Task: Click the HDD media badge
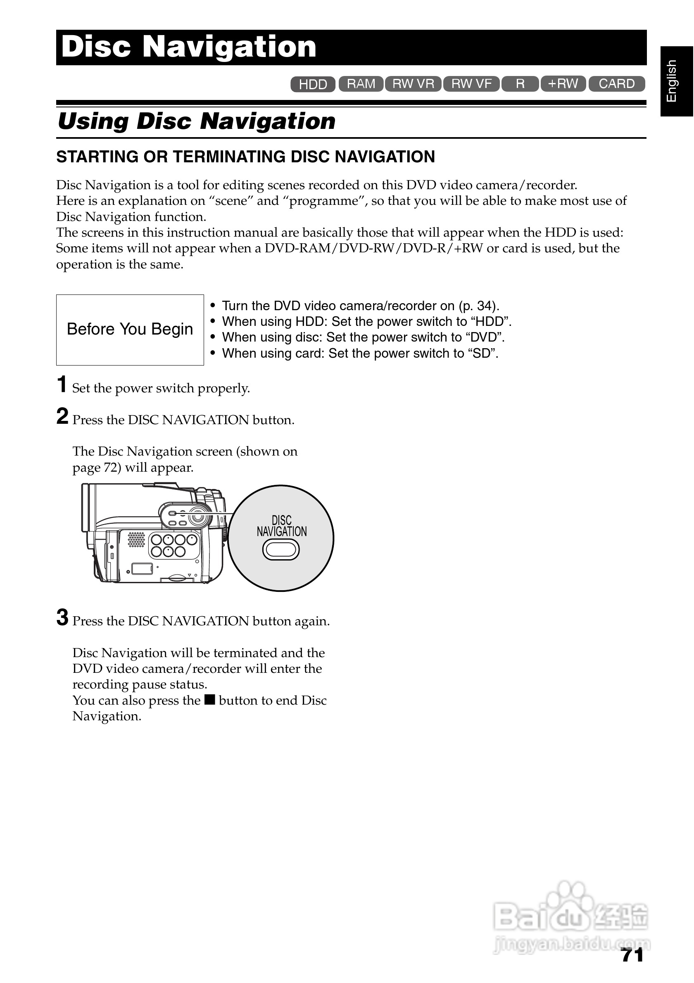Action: (x=313, y=84)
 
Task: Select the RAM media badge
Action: (x=361, y=84)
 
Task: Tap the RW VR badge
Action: (x=413, y=84)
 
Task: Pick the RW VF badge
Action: (x=471, y=84)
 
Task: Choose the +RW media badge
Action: (x=563, y=83)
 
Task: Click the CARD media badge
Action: (x=616, y=84)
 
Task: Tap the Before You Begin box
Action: (x=130, y=330)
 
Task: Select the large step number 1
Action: (x=62, y=384)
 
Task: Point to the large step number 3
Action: (x=62, y=617)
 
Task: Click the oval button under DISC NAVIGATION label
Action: (x=281, y=550)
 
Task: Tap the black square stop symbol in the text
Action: (x=209, y=700)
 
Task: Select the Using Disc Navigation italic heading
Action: (x=197, y=121)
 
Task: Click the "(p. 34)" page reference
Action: (x=479, y=306)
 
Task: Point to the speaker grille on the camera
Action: (x=137, y=539)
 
